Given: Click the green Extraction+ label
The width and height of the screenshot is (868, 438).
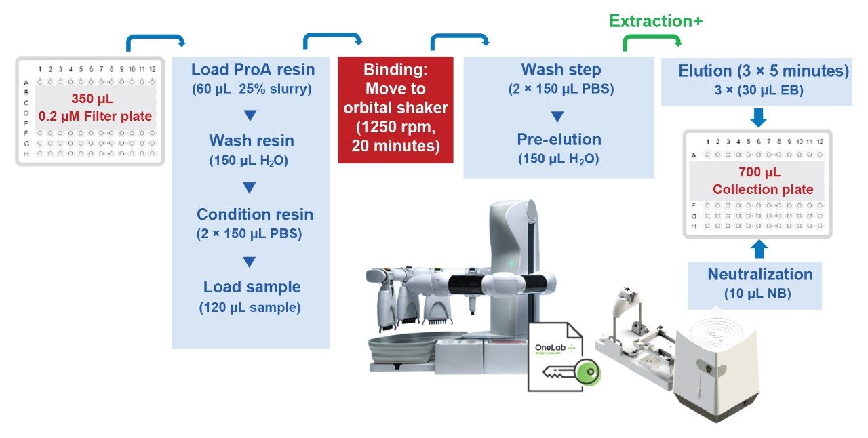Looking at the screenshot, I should tap(655, 22).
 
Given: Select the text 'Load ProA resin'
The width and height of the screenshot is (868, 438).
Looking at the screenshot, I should tap(252, 69).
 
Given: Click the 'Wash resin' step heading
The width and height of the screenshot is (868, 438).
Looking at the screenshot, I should tap(251, 141).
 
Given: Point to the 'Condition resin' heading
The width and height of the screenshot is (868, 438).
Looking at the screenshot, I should tap(255, 214).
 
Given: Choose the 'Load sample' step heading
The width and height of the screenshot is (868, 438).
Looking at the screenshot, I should tap(252, 287).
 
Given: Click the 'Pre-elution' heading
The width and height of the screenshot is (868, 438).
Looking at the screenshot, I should tap(559, 140).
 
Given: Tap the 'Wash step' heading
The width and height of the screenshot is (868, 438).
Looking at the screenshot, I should tap(561, 69).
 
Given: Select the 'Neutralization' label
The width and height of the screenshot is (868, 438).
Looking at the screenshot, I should tap(759, 275).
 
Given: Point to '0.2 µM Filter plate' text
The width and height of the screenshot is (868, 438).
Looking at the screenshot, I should tap(95, 117).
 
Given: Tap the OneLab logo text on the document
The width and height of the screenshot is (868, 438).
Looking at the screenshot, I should tap(550, 347).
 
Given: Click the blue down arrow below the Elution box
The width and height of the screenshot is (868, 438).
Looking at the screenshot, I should tap(759, 119).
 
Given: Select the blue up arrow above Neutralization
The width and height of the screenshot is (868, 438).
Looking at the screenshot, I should tap(759, 249).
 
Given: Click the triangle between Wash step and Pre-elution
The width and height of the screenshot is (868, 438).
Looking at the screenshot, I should tap(557, 117).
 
